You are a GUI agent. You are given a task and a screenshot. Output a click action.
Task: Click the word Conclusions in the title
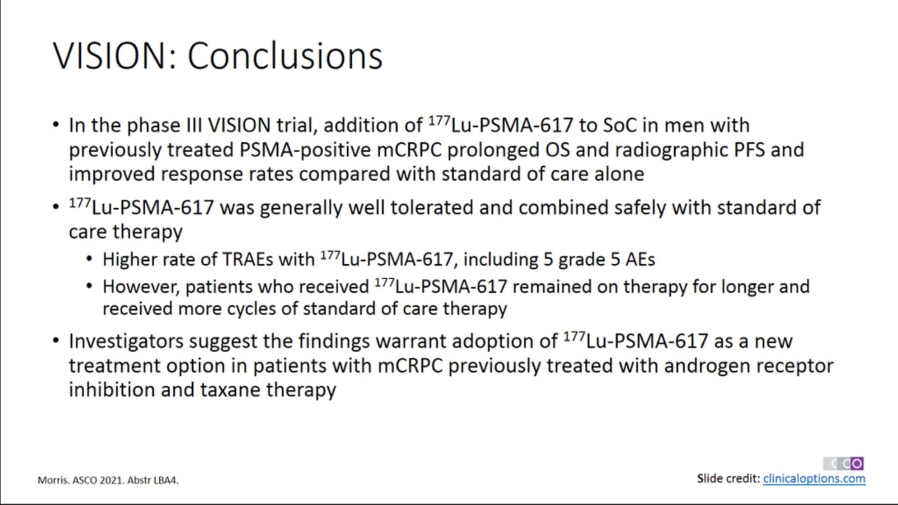pyautogui.click(x=285, y=55)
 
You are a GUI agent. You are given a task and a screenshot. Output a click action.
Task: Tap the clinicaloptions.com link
pyautogui.click(x=814, y=478)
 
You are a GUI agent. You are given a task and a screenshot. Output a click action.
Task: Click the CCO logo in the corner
pyautogui.click(x=843, y=464)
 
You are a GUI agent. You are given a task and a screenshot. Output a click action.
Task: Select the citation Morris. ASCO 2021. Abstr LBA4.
pyautogui.click(x=108, y=480)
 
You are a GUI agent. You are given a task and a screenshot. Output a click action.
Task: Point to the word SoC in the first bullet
pyautogui.click(x=619, y=125)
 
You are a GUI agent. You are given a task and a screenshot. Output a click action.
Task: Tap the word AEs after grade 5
pyautogui.click(x=641, y=260)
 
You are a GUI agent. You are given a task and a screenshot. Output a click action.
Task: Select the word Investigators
pyautogui.click(x=126, y=342)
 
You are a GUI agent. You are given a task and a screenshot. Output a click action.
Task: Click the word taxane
pyautogui.click(x=230, y=389)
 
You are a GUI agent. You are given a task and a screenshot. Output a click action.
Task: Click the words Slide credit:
pyautogui.click(x=728, y=478)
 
